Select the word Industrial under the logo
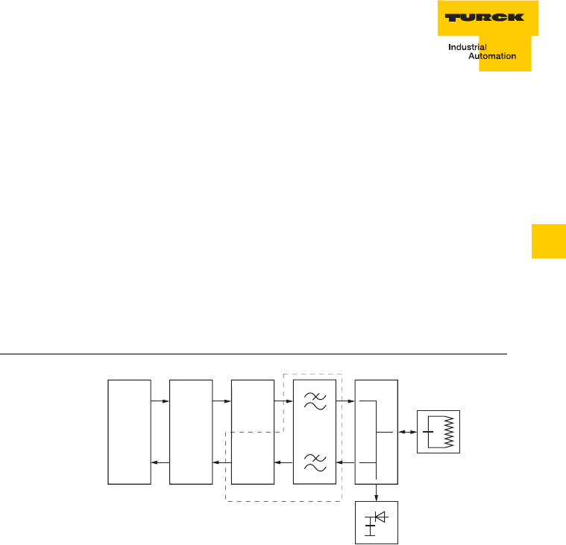pos(468,47)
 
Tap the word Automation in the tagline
pos(491,57)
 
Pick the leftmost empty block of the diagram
pos(130,432)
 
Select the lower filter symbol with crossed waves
pos(316,462)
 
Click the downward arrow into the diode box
pos(377,492)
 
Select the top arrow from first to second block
pos(160,402)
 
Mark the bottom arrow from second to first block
pos(160,462)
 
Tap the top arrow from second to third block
pos(221,402)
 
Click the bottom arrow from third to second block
pos(221,462)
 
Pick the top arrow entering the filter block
pos(283,402)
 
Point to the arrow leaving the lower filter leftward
pos(283,462)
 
